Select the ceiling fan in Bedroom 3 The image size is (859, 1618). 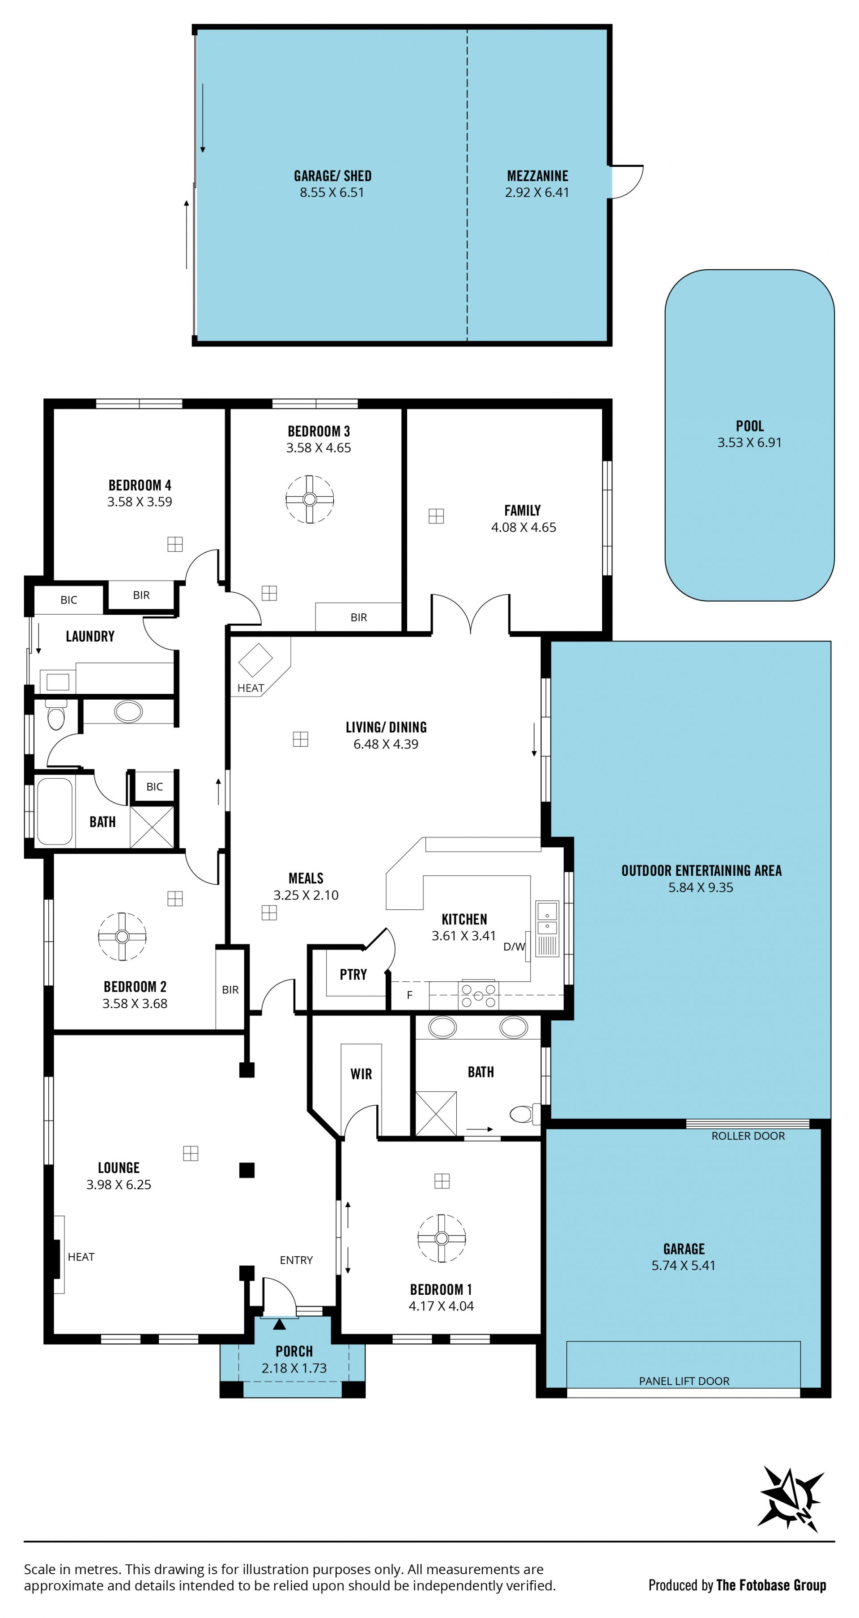tap(309, 498)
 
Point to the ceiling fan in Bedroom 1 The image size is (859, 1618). tap(441, 1238)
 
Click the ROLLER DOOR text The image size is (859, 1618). tap(748, 1136)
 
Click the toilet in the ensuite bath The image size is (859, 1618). tap(524, 1114)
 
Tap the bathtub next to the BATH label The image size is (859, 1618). tap(55, 811)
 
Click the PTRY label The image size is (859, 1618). tap(353, 974)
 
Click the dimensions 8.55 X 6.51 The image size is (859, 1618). tap(332, 192)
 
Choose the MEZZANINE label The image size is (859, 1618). tap(537, 176)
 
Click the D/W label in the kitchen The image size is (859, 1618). tap(514, 946)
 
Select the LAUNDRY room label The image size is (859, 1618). tap(90, 636)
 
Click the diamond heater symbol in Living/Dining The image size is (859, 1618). tap(255, 660)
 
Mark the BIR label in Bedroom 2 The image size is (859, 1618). tap(230, 989)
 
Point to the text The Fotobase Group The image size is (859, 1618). tap(771, 1585)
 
